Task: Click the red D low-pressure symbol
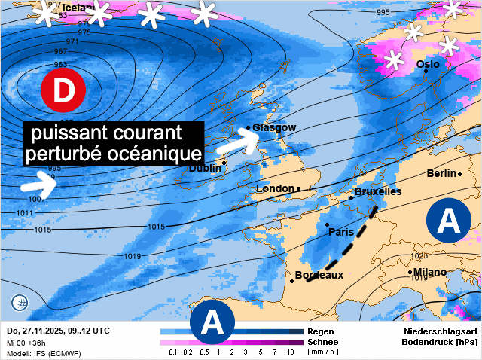64,90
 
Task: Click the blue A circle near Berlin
449,221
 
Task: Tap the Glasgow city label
274,127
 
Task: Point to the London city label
276,188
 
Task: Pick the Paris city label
341,232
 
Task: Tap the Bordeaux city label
319,275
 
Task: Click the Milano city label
429,272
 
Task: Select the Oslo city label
428,65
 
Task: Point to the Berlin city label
441,173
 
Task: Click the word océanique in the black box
154,153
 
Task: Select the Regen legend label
321,331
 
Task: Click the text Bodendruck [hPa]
441,342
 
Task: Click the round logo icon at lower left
20,303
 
